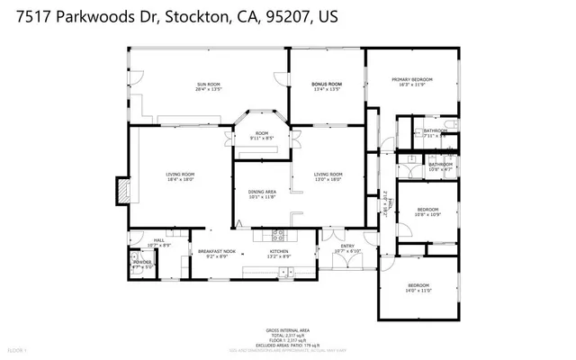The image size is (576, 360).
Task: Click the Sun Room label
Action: point(209,86)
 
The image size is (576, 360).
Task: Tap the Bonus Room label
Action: point(327,85)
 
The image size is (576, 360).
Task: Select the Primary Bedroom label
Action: point(412,82)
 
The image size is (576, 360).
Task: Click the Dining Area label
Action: point(262,193)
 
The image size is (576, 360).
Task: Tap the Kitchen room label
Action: point(280,254)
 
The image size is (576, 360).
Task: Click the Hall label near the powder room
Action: point(158,242)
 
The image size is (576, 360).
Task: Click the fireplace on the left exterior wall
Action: point(121,192)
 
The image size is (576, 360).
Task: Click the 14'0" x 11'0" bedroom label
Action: point(419,288)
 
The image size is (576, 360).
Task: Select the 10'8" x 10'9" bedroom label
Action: point(427,212)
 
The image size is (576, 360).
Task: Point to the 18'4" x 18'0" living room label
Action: point(180,176)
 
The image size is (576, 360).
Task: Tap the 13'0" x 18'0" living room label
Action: point(328,176)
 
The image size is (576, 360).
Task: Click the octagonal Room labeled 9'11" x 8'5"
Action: point(262,136)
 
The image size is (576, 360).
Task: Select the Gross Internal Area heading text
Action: point(288,330)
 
